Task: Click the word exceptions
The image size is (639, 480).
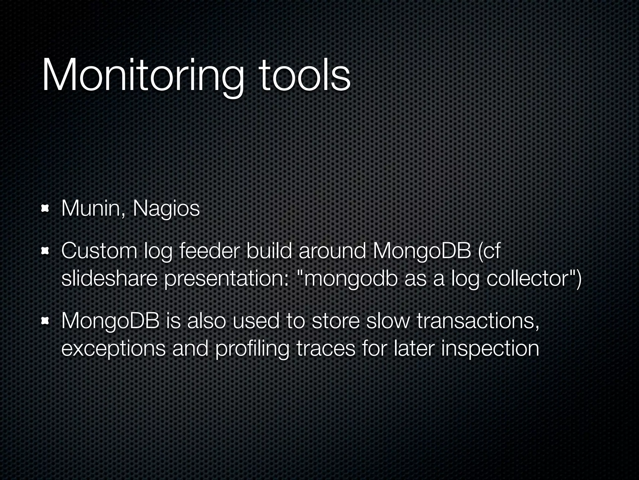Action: coord(113,349)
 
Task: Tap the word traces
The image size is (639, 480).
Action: coord(326,349)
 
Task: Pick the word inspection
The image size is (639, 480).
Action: coord(490,349)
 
